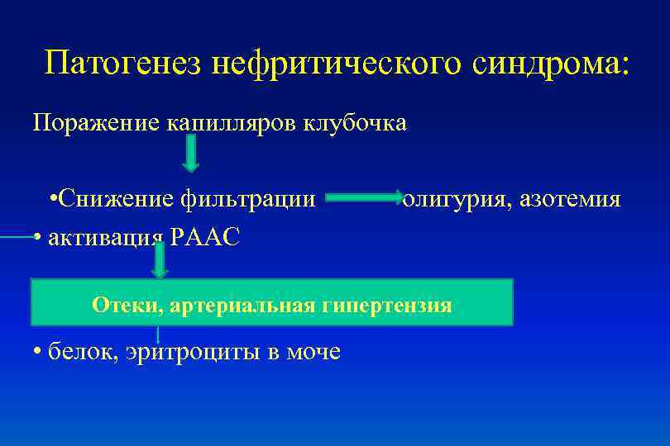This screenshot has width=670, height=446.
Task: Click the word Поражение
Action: [86, 123]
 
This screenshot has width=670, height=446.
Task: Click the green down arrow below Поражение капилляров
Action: [190, 154]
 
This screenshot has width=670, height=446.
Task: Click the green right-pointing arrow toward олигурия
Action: [363, 198]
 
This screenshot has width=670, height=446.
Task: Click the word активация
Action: [105, 238]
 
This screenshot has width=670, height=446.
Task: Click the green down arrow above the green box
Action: [160, 261]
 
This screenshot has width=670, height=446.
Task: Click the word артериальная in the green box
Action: [243, 306]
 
